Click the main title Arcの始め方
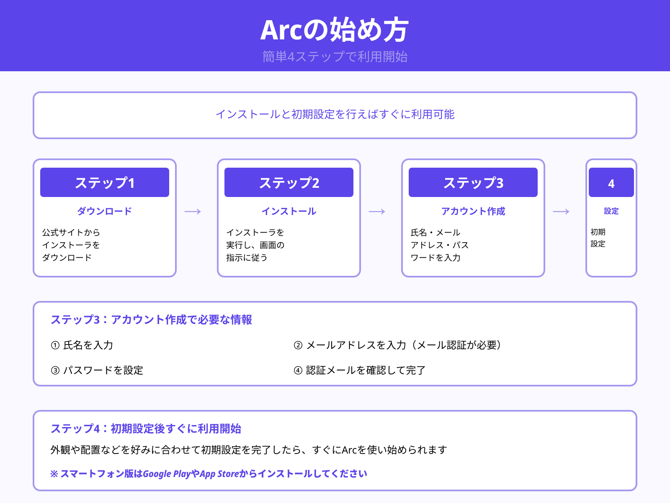click(x=335, y=30)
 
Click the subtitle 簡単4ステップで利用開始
click(x=335, y=57)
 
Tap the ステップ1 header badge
click(x=105, y=183)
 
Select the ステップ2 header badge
click(x=289, y=183)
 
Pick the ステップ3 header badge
click(x=473, y=183)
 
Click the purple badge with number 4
click(x=611, y=183)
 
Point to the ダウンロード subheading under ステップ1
click(x=105, y=211)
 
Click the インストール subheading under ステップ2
click(x=289, y=211)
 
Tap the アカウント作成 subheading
click(x=473, y=211)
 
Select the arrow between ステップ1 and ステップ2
click(x=193, y=212)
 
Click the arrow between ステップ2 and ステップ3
click(x=377, y=212)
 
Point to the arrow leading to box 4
click(x=561, y=212)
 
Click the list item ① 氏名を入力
click(x=82, y=345)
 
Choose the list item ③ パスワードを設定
click(x=97, y=371)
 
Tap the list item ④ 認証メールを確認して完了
click(x=360, y=371)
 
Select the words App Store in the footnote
click(x=219, y=474)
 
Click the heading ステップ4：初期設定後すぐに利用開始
click(x=146, y=429)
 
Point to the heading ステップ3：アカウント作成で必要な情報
click(x=151, y=320)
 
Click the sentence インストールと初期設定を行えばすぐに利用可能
click(x=335, y=114)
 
